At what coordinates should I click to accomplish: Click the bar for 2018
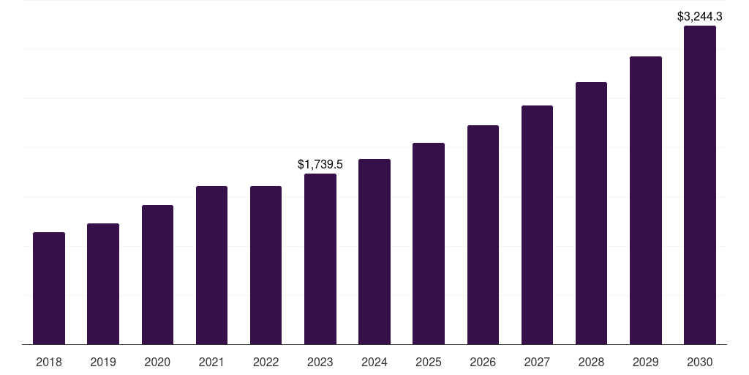click(49, 289)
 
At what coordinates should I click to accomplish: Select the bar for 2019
click(103, 284)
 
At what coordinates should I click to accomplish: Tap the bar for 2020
click(157, 275)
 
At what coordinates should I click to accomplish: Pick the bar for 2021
click(211, 265)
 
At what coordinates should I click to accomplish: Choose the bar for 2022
click(266, 265)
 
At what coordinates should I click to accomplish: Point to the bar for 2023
click(320, 259)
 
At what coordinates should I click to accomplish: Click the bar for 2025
click(429, 244)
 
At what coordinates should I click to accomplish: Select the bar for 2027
click(537, 225)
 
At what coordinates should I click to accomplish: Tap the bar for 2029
click(646, 201)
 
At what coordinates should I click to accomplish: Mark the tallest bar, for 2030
click(700, 185)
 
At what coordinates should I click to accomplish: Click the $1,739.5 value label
click(320, 165)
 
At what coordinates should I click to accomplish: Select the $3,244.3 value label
click(700, 16)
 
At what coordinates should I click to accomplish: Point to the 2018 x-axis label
click(49, 362)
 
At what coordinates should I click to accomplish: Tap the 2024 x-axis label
click(374, 362)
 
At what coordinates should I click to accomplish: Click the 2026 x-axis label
click(483, 362)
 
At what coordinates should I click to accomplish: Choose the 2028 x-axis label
click(591, 362)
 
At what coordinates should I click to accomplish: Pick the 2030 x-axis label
click(700, 362)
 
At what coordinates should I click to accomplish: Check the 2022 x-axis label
click(266, 362)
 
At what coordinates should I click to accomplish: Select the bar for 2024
click(374, 252)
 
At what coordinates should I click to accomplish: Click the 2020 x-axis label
click(157, 362)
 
